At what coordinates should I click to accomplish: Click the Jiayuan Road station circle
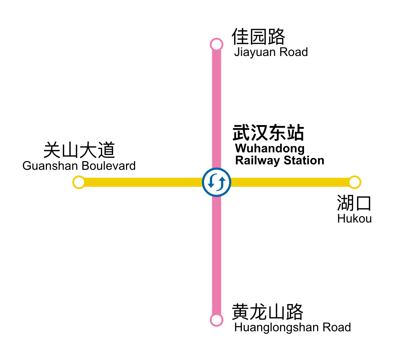coord(216,45)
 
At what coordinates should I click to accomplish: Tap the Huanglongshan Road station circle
coord(216,320)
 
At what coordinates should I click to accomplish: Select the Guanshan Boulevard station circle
coord(79,182)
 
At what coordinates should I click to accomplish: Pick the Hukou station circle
coord(355,182)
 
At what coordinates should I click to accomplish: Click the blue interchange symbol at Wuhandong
coord(216,182)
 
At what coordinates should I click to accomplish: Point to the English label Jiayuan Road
coord(271,52)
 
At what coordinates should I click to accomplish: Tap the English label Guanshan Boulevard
coord(79,166)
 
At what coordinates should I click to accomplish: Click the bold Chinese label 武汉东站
coord(268,133)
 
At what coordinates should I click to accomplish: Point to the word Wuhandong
coord(270,148)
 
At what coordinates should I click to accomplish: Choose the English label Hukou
coord(354,219)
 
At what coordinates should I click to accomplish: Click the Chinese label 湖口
coord(354,203)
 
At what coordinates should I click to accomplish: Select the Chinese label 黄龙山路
coord(267,312)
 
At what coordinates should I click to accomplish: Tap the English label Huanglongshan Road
coord(292,327)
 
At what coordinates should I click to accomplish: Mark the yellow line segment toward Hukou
coord(291,182)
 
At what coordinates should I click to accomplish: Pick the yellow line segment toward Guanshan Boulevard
coord(142,182)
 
